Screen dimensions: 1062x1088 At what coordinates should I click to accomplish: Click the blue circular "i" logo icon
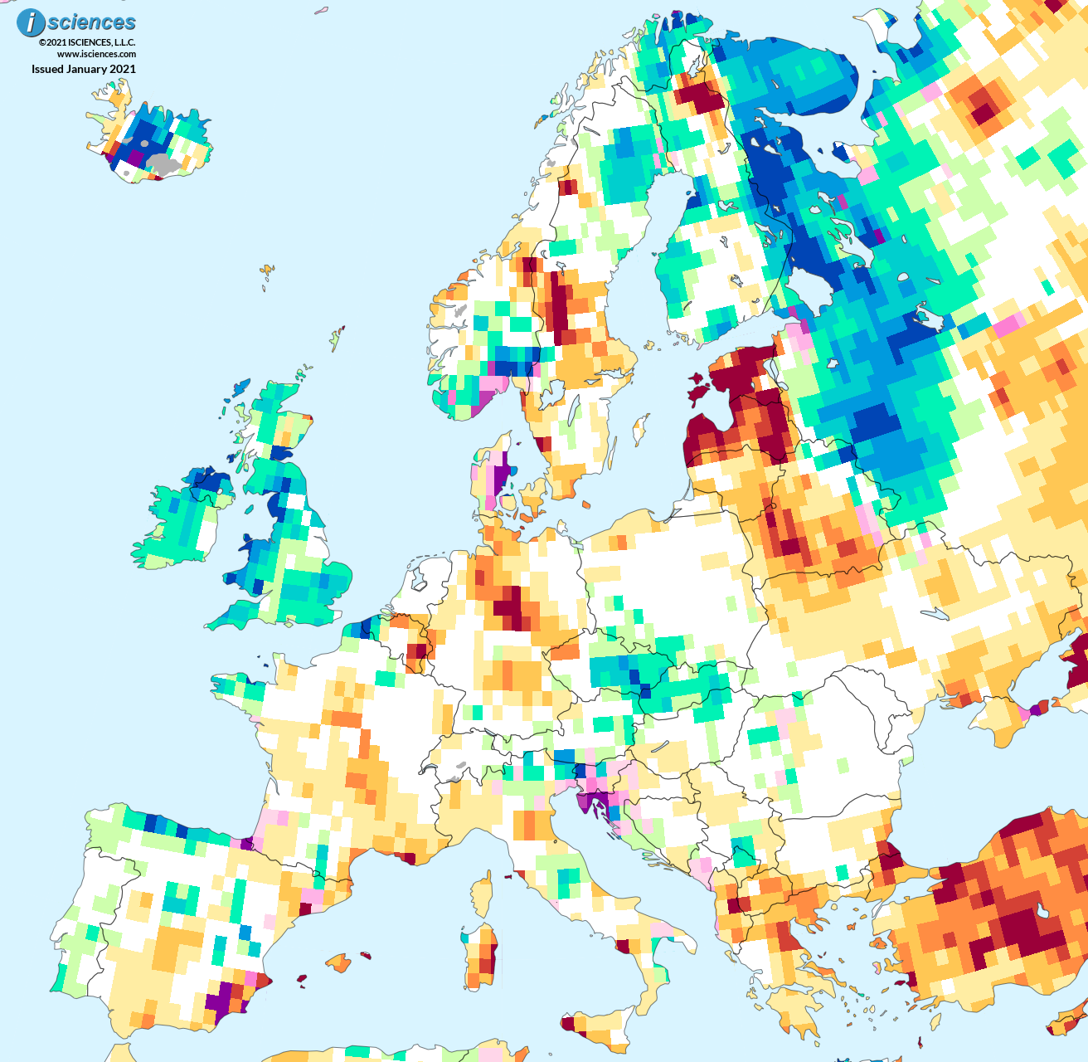point(31,23)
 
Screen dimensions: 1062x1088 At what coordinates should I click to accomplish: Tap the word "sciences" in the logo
point(91,22)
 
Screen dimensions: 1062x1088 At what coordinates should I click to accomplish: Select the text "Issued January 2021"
point(84,70)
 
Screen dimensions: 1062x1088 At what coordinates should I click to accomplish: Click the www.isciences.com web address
point(96,55)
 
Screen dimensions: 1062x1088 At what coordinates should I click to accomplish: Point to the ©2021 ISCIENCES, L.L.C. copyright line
point(87,42)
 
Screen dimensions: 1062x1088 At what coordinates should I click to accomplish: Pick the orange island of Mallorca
point(338,962)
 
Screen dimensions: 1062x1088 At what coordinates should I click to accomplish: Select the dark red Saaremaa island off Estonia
point(698,388)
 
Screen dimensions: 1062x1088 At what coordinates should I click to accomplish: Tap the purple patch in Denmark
point(499,480)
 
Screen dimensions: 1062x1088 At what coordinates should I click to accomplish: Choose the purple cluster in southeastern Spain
point(221,996)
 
